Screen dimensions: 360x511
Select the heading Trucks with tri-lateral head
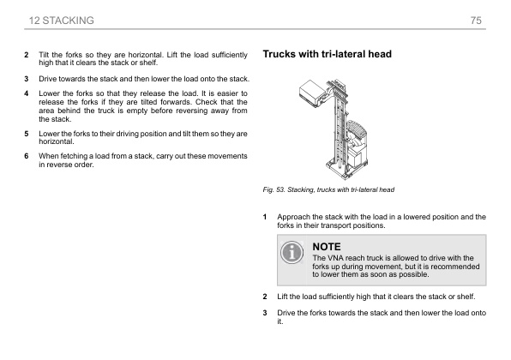(327, 54)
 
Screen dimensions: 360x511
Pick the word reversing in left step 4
(194, 109)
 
